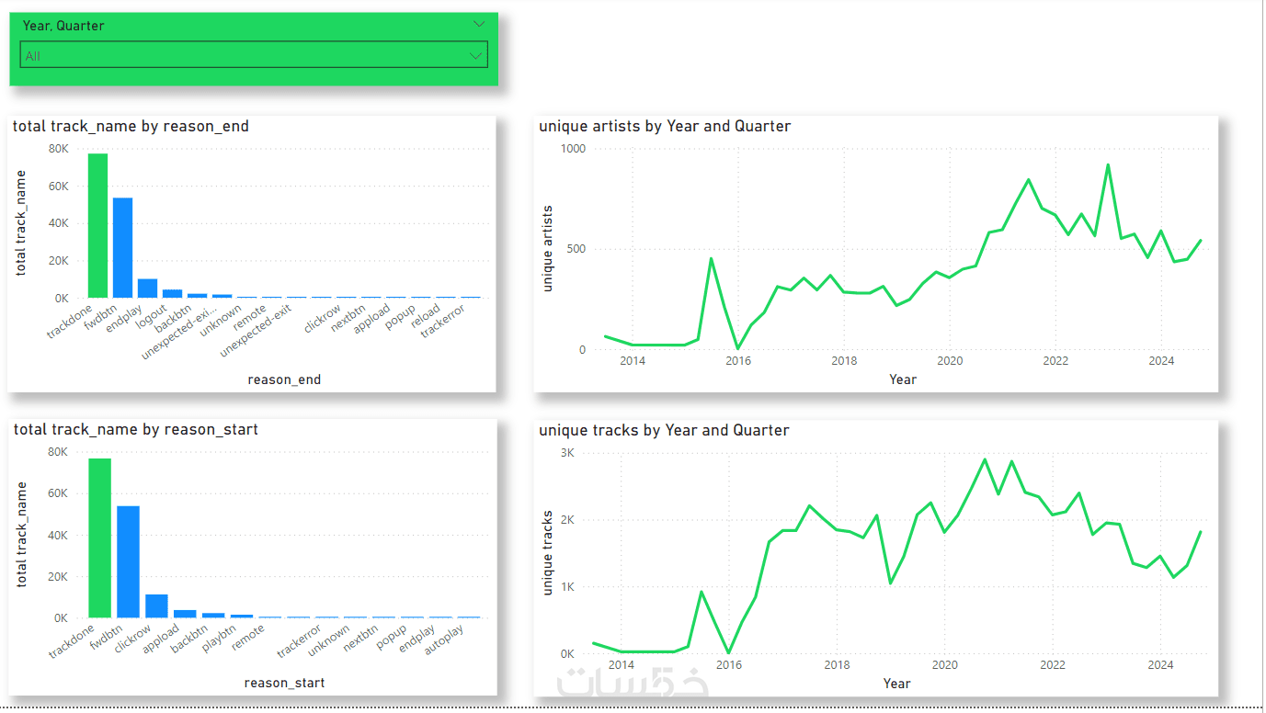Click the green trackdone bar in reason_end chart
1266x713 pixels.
(x=97, y=226)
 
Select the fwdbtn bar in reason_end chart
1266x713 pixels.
(x=122, y=248)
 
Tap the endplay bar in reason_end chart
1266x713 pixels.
(x=147, y=289)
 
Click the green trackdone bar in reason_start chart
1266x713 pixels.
(x=99, y=538)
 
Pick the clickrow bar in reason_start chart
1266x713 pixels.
(x=156, y=606)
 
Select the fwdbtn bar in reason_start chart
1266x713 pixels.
(x=128, y=562)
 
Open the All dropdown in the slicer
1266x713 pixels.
(x=253, y=56)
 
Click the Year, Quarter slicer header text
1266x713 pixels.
(x=63, y=26)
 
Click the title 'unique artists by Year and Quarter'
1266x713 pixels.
(x=665, y=126)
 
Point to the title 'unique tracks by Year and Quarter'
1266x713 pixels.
(x=664, y=430)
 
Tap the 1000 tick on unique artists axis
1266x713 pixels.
(x=572, y=148)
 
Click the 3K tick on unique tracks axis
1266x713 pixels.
(x=566, y=453)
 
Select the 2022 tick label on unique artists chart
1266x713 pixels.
(x=1055, y=361)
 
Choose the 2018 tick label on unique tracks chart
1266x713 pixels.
(x=837, y=665)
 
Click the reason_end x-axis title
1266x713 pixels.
(x=284, y=379)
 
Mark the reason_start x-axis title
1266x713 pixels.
(x=284, y=683)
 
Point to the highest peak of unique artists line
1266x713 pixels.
(x=1108, y=165)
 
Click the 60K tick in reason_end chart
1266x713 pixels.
(x=57, y=186)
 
